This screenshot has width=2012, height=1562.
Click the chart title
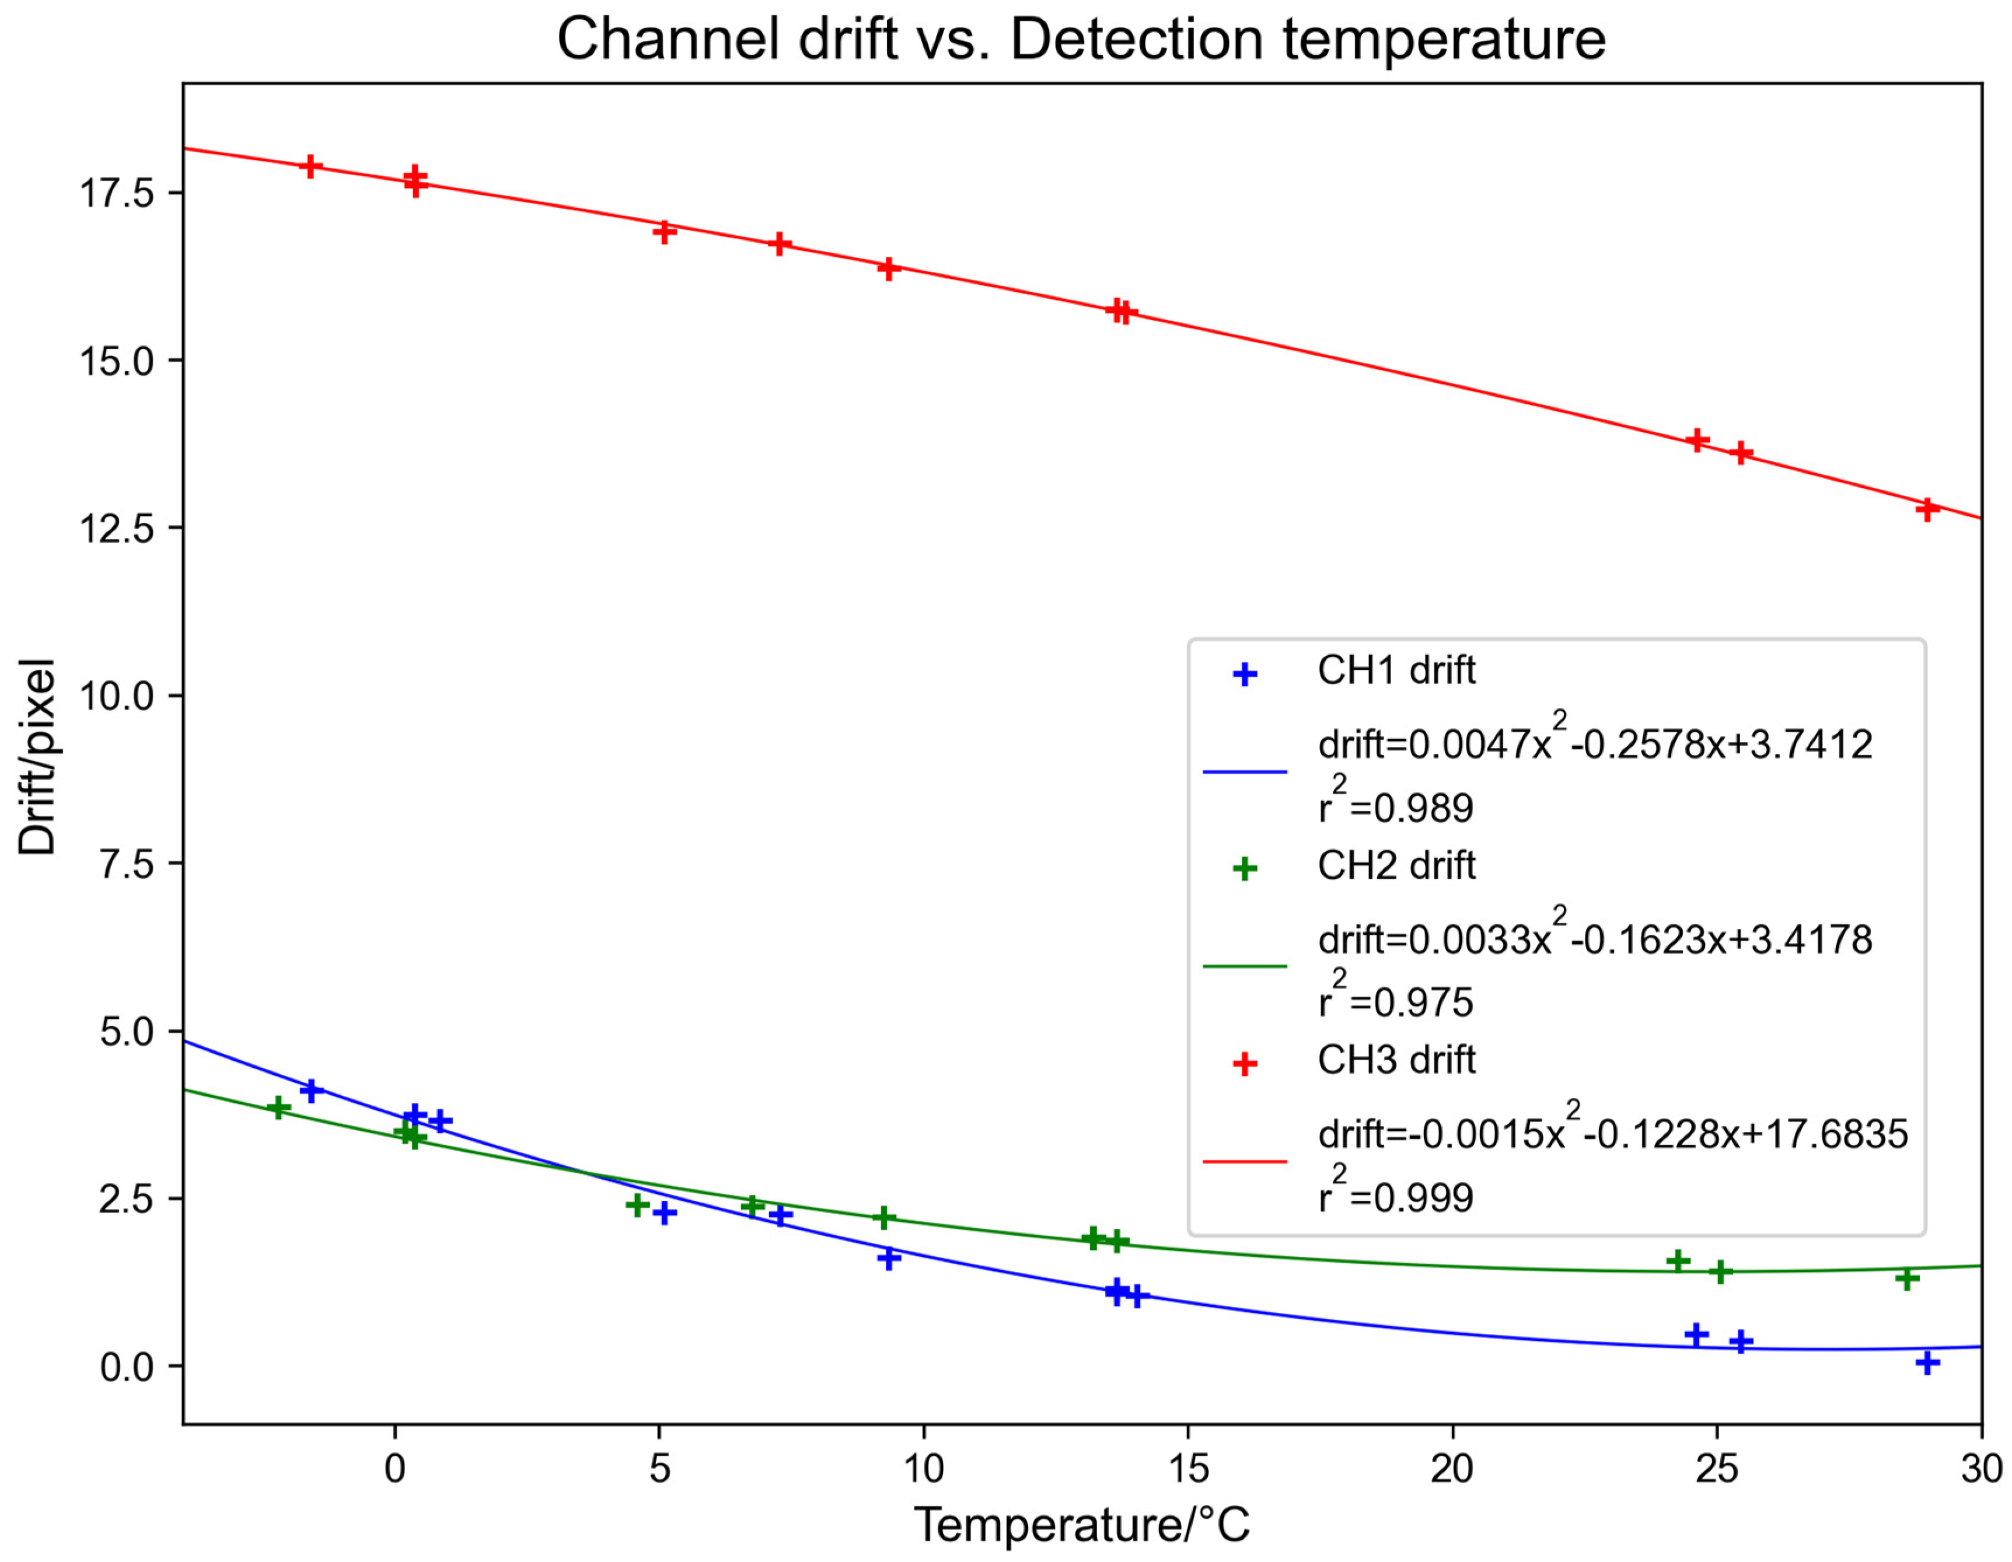pyautogui.click(x=1081, y=40)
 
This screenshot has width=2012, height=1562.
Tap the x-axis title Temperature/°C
pyautogui.click(x=1081, y=1524)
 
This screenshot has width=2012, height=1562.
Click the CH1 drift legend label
pyautogui.click(x=1396, y=670)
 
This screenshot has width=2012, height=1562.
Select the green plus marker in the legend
pyautogui.click(x=1245, y=868)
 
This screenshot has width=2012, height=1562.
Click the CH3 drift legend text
pyautogui.click(x=1396, y=1060)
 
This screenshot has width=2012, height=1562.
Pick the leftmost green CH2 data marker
pyautogui.click(x=278, y=1108)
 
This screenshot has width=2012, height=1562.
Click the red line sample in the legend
pyautogui.click(x=1245, y=1161)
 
